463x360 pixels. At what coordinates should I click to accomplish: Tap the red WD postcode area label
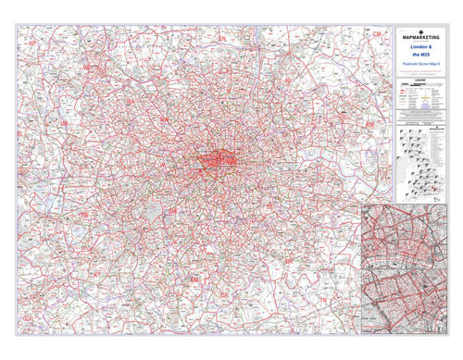(89, 68)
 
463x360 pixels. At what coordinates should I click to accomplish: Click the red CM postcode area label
(377, 33)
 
